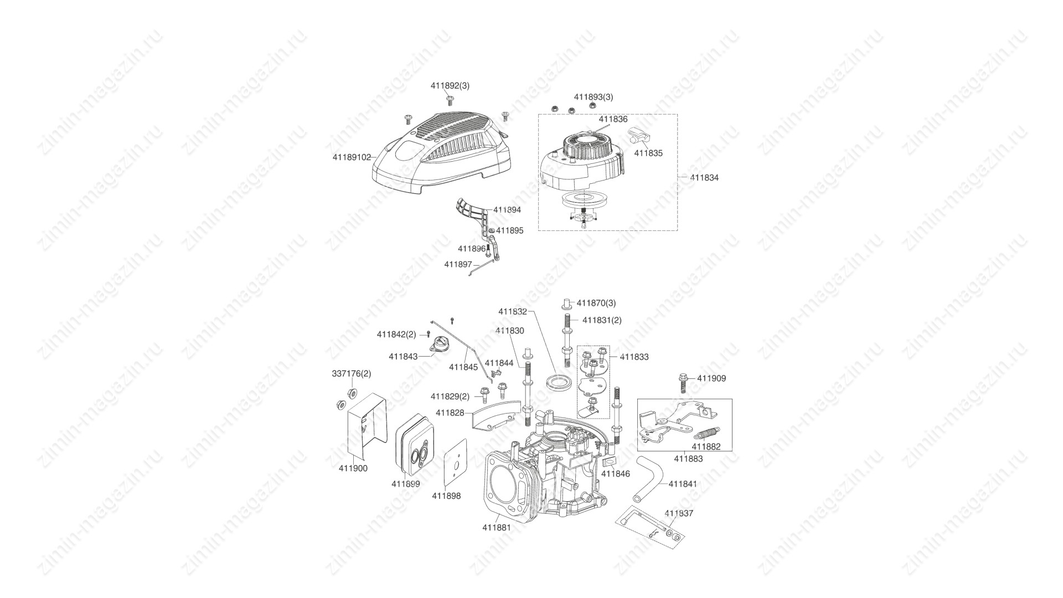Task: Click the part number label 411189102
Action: click(x=352, y=157)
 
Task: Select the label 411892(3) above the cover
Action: click(x=450, y=86)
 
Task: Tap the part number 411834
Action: click(x=704, y=178)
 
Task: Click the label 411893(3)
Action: click(x=594, y=97)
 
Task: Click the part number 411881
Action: click(x=497, y=528)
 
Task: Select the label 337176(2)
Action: click(x=352, y=374)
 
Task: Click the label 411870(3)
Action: click(x=596, y=303)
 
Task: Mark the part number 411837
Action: click(x=679, y=513)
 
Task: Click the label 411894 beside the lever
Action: click(x=507, y=210)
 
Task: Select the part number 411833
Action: click(x=634, y=357)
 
